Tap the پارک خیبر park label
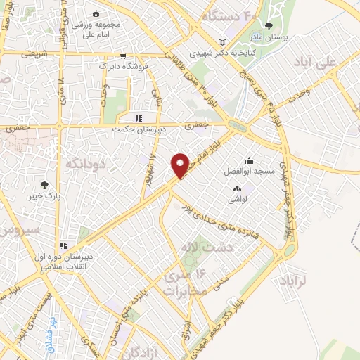[x=45, y=196]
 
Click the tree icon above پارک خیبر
[x=45, y=184]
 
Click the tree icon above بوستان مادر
[x=269, y=26]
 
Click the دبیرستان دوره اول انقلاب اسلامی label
[x=63, y=262]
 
